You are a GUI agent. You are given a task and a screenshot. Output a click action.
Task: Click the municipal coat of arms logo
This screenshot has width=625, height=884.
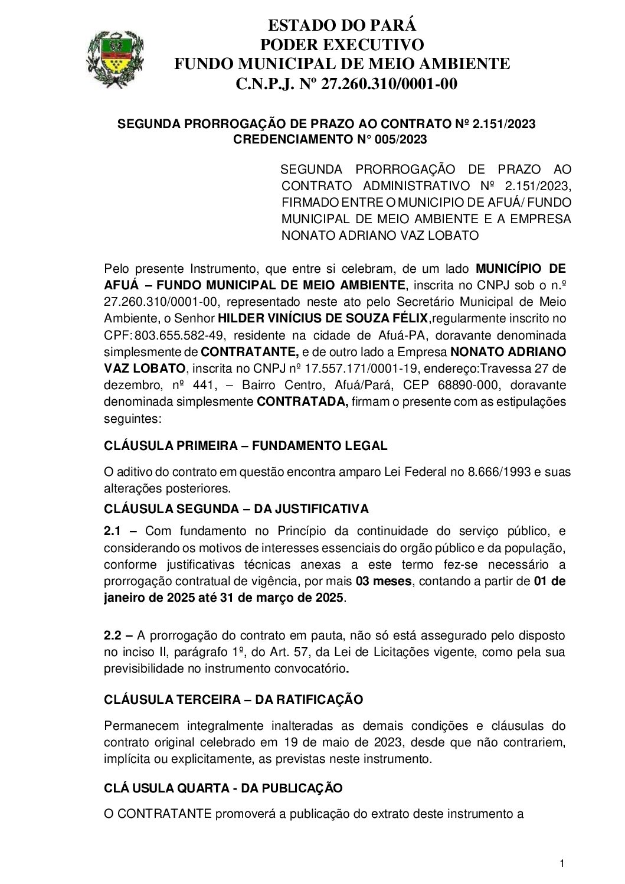click(x=115, y=60)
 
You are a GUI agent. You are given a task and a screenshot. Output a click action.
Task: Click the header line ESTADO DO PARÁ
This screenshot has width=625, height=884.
click(x=342, y=25)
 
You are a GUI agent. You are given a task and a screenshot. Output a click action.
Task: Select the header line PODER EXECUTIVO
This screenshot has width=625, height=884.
click(x=342, y=44)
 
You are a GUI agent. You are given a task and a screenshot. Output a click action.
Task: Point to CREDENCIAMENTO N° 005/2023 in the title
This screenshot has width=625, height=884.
click(x=330, y=139)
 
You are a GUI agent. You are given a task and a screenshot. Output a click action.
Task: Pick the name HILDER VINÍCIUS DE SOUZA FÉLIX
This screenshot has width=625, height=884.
click(x=323, y=319)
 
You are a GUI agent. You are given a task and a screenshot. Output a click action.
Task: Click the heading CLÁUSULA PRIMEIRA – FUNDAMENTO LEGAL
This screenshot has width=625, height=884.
click(x=246, y=446)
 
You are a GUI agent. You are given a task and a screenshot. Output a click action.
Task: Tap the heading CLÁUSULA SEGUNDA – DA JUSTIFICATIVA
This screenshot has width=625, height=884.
click(x=236, y=508)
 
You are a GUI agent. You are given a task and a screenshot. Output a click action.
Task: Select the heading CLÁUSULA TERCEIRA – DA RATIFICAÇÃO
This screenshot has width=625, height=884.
click(x=233, y=700)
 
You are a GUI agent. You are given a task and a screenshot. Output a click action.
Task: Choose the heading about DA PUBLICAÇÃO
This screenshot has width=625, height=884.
click(x=223, y=788)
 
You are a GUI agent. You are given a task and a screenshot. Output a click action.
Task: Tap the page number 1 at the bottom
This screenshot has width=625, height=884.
click(x=562, y=864)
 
